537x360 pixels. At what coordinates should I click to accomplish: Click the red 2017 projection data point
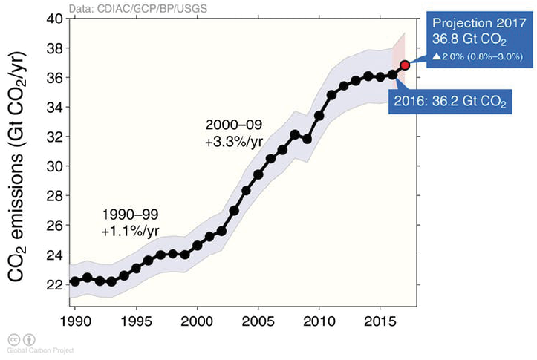pos(406,65)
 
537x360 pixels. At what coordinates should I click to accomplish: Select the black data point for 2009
pos(307,139)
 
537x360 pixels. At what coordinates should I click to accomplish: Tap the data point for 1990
pos(75,281)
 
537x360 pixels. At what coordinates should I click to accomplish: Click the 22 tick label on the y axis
pos(53,285)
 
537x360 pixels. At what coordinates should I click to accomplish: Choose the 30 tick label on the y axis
pos(53,166)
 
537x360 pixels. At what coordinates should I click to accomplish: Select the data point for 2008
pos(295,134)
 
